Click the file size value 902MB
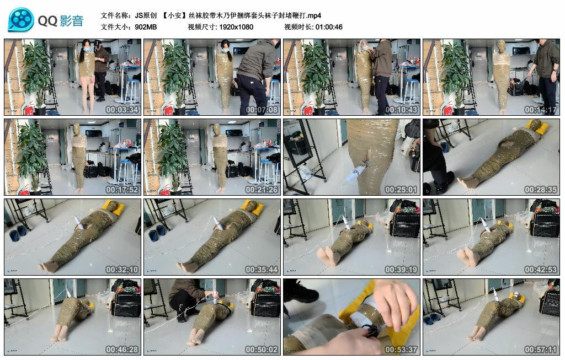click(x=146, y=27)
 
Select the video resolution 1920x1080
click(x=236, y=27)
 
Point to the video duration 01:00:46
click(x=329, y=27)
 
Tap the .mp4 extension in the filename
click(x=313, y=15)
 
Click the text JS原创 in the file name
click(x=146, y=15)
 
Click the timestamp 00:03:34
click(x=122, y=110)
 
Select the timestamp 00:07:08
click(x=262, y=110)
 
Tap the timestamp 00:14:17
click(x=541, y=110)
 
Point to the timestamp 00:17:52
click(x=122, y=190)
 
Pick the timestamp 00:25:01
click(x=401, y=190)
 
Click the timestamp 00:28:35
click(x=541, y=190)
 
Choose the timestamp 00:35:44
click(x=262, y=270)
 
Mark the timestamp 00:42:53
click(x=541, y=270)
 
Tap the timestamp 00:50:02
click(x=262, y=350)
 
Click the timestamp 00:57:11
click(x=541, y=350)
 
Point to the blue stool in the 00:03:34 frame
click(x=132, y=92)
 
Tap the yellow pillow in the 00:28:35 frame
click(x=537, y=127)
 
